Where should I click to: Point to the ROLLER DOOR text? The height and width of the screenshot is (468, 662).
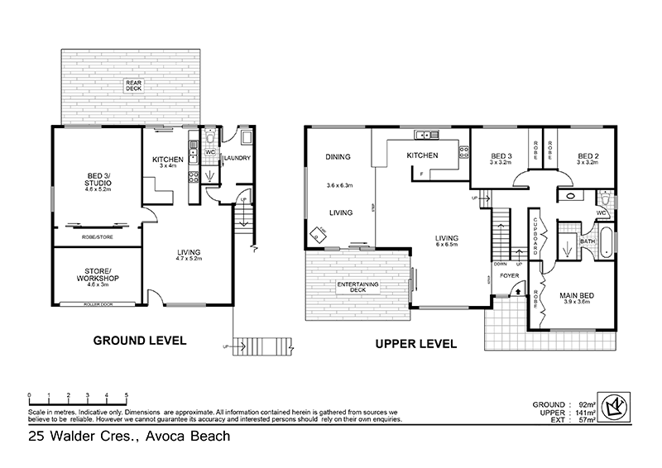98,304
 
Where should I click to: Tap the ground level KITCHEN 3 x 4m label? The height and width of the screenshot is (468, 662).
169,161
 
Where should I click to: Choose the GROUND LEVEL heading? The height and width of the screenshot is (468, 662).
139,341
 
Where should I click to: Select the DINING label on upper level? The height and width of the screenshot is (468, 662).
338,156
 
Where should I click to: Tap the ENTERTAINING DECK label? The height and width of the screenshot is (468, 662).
357,288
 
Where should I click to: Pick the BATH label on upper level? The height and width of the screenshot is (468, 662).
588,241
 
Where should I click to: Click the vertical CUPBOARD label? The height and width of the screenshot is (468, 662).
536,236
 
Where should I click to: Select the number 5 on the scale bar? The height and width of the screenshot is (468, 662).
127,394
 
